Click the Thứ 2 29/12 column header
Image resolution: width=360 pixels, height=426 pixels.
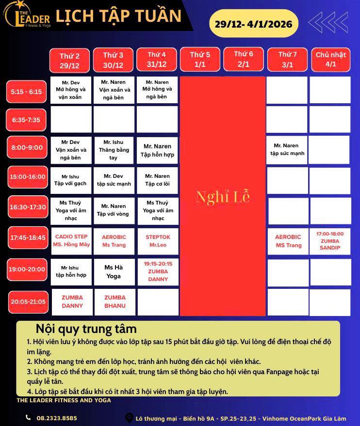pyautogui.click(x=69, y=61)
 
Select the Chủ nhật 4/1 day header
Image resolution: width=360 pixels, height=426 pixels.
pyautogui.click(x=331, y=60)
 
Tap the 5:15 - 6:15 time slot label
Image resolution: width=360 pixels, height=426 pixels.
pyautogui.click(x=27, y=91)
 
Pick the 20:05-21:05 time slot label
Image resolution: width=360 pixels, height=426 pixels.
pyautogui.click(x=28, y=301)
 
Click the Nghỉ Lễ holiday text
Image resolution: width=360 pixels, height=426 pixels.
pyautogui.click(x=223, y=197)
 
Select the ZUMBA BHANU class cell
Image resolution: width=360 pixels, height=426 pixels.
pyautogui.click(x=115, y=301)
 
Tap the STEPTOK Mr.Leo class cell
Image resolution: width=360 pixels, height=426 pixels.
pyautogui.click(x=158, y=241)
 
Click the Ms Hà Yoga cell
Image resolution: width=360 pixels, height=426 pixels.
pyautogui.click(x=114, y=271)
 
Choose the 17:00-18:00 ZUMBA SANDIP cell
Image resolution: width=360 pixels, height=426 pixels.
pyautogui.click(x=330, y=241)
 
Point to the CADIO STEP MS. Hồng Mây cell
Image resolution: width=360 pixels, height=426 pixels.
pyautogui.click(x=71, y=241)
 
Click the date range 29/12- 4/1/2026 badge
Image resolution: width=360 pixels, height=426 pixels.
pyautogui.click(x=253, y=23)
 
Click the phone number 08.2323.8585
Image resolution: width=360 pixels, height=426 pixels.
pyautogui.click(x=57, y=418)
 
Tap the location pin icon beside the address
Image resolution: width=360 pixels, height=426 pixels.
pyautogui.click(x=129, y=418)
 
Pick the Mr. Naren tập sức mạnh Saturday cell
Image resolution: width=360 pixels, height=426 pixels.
pyautogui.click(x=287, y=149)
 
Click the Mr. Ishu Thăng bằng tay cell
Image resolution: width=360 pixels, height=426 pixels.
pyautogui.click(x=115, y=150)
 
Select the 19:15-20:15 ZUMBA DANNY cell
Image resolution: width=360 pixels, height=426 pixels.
pyautogui.click(x=158, y=271)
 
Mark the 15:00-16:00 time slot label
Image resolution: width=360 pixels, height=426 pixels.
pyautogui.click(x=28, y=177)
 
